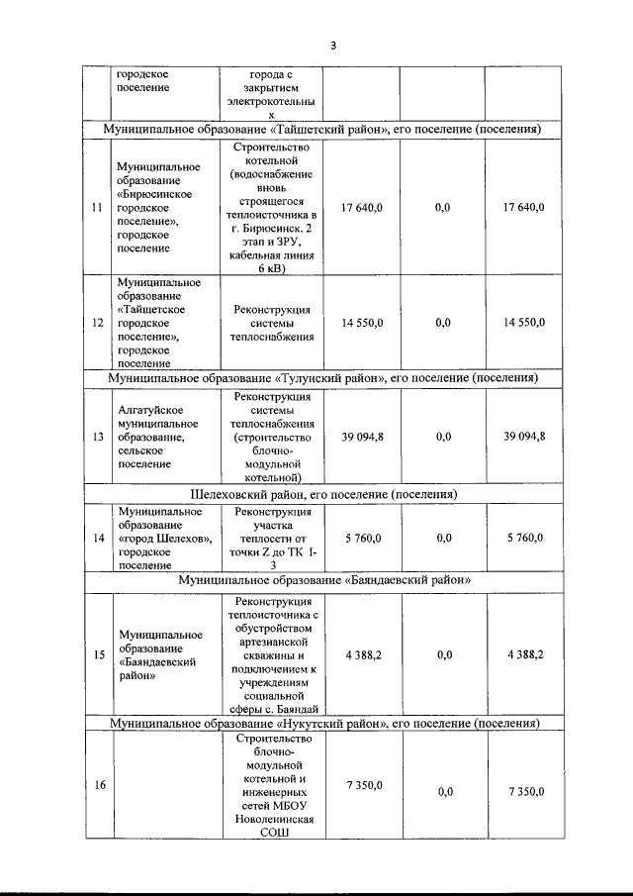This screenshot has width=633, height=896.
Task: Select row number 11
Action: click(96, 208)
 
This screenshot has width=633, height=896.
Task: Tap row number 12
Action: click(96, 323)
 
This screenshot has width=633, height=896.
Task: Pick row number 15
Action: click(96, 655)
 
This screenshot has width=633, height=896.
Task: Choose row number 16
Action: click(96, 785)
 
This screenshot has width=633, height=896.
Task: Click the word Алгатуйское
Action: click(147, 409)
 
